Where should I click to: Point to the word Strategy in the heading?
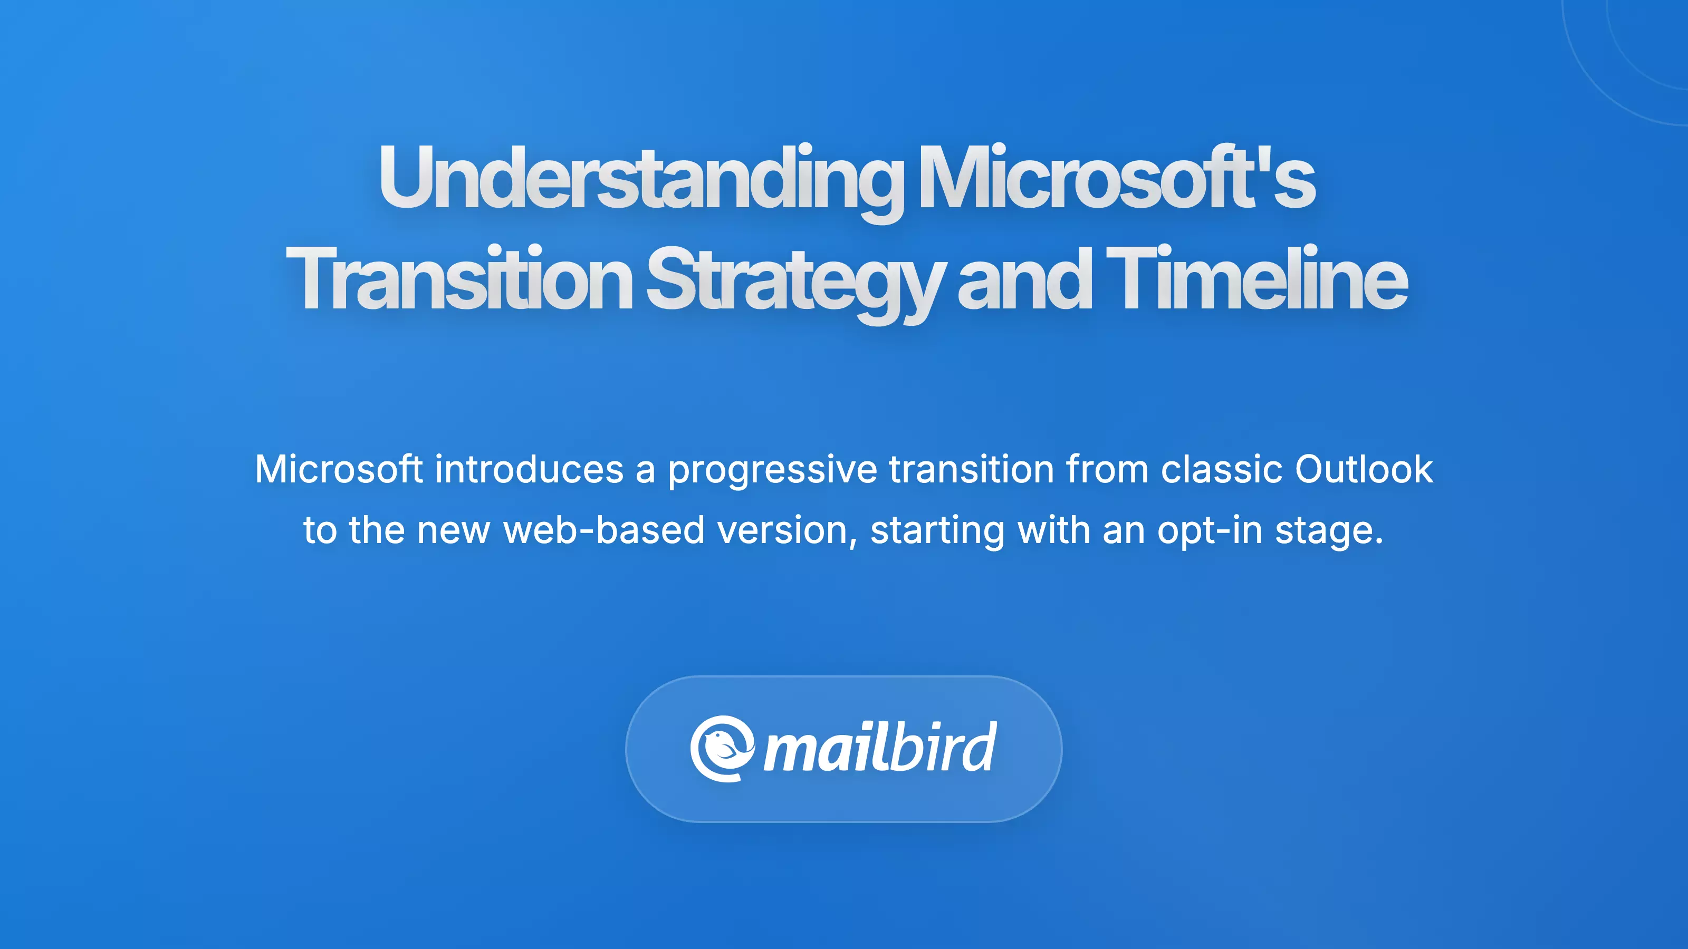[795, 283]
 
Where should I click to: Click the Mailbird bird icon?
[722, 749]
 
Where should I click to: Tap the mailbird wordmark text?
[880, 747]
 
